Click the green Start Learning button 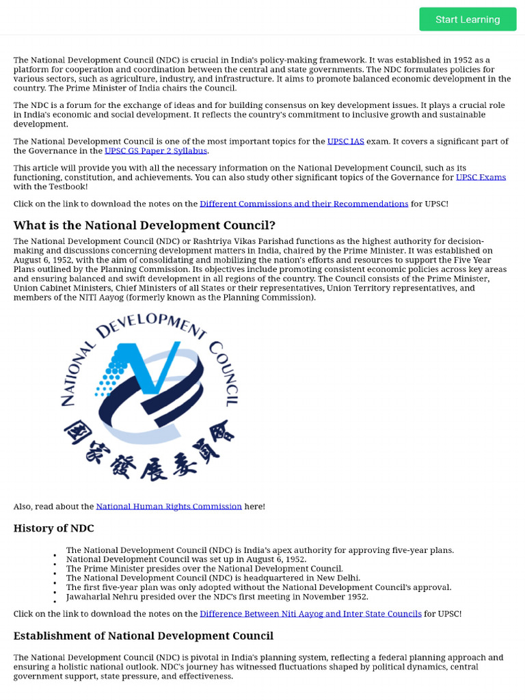click(x=468, y=19)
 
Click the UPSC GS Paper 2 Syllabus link click(x=156, y=150)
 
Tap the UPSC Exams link click(x=481, y=177)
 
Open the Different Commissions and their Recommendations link click(x=304, y=204)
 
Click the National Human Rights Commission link click(x=169, y=507)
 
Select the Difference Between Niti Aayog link click(x=310, y=614)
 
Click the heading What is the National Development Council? click(x=144, y=226)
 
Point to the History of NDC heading click(x=54, y=528)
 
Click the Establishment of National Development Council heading click(x=144, y=636)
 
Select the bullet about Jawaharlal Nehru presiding click(x=217, y=597)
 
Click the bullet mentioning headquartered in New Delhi click(x=213, y=578)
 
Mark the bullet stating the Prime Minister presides click(x=204, y=569)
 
